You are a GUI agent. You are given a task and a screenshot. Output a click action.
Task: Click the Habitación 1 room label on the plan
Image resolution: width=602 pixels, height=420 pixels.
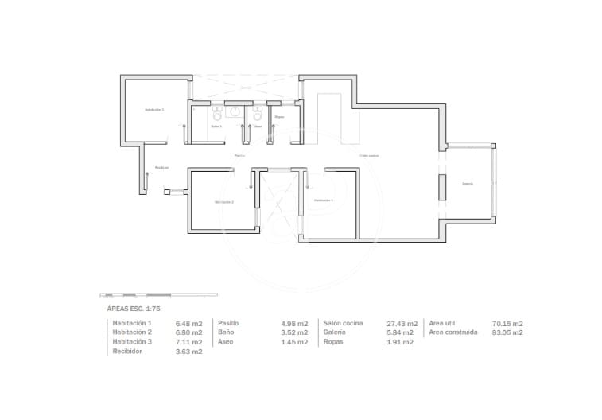pyautogui.click(x=154, y=109)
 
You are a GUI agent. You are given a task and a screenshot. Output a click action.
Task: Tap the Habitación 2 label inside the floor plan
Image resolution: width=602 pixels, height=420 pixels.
pyautogui.click(x=223, y=202)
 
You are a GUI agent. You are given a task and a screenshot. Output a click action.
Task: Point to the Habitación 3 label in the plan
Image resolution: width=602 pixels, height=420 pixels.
pyautogui.click(x=323, y=200)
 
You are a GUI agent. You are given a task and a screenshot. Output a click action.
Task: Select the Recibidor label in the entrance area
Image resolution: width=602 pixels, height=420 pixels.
pyautogui.click(x=162, y=167)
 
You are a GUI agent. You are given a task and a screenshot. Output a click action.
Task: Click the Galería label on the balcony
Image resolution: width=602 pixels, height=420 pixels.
pyautogui.click(x=468, y=183)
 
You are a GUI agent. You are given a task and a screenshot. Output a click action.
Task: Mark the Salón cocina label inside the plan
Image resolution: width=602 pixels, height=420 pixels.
pyautogui.click(x=368, y=155)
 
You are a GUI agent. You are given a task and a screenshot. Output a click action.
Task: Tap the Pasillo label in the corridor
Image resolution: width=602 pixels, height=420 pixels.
pyautogui.click(x=239, y=155)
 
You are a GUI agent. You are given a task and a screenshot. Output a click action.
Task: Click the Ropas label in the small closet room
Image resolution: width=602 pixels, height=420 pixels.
pyautogui.click(x=279, y=117)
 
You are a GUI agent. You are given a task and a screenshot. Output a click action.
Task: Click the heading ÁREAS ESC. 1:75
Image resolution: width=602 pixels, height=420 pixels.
pyautogui.click(x=134, y=307)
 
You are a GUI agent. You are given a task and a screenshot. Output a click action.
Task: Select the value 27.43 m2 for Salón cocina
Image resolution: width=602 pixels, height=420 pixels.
pyautogui.click(x=400, y=324)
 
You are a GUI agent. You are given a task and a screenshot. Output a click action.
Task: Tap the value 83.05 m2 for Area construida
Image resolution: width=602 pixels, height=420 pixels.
pyautogui.click(x=507, y=332)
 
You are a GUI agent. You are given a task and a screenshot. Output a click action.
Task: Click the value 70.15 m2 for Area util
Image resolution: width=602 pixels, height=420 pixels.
pyautogui.click(x=507, y=324)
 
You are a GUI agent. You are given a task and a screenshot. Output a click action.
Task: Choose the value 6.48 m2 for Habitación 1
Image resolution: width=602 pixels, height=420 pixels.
pyautogui.click(x=189, y=324)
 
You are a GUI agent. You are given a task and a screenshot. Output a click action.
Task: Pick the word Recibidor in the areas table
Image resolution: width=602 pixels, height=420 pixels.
pyautogui.click(x=128, y=351)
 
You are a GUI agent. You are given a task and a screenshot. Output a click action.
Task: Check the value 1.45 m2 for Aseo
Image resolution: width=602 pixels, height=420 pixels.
pyautogui.click(x=294, y=341)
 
